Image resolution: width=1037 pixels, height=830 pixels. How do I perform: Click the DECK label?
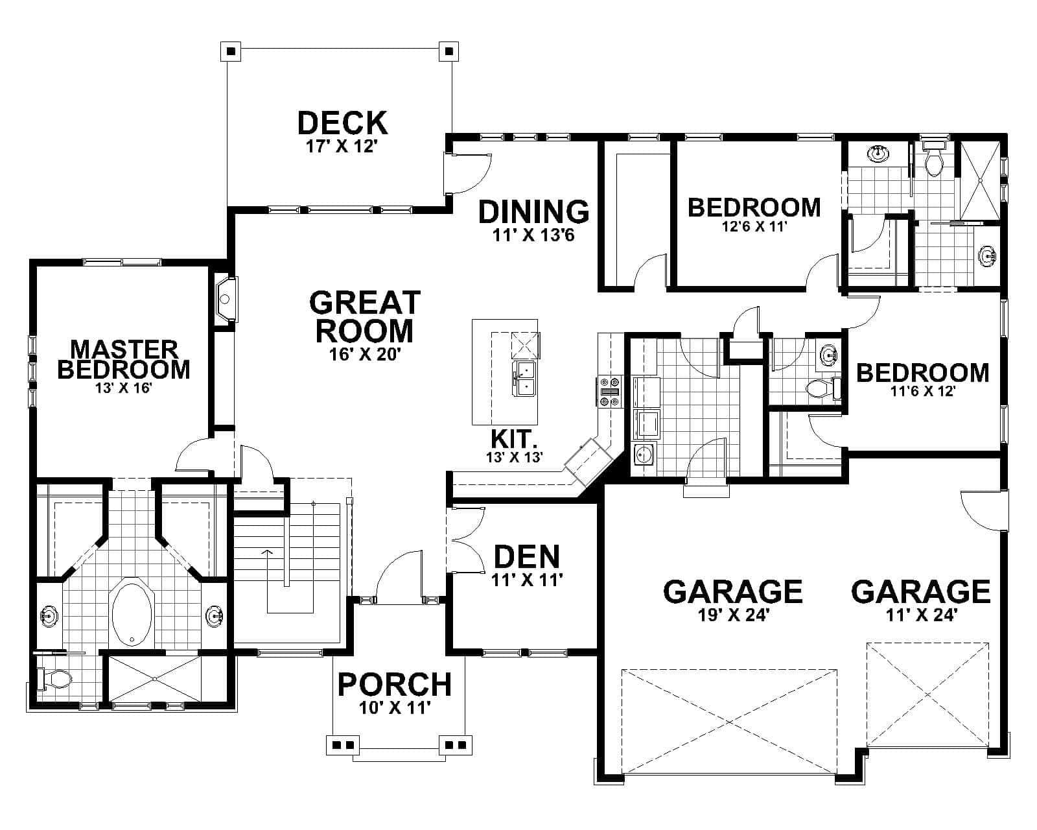click(x=342, y=123)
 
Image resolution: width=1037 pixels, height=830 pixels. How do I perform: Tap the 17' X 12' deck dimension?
click(x=342, y=146)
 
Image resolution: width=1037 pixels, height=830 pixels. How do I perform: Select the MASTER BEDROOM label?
click(x=124, y=359)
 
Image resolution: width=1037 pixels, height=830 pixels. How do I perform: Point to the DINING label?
click(x=533, y=211)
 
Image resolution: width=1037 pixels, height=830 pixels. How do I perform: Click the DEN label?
click(x=527, y=556)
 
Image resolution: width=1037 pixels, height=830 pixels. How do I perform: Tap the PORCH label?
click(x=395, y=684)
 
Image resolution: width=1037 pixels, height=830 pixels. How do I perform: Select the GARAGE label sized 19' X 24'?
click(x=733, y=591)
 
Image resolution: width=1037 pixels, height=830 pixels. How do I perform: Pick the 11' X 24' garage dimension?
click(x=921, y=614)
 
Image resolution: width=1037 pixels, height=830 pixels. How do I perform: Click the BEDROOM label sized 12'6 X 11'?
click(x=754, y=207)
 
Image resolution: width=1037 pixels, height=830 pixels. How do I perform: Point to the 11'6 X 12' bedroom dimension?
click(x=923, y=392)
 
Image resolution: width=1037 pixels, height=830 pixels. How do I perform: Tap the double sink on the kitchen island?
click(x=524, y=379)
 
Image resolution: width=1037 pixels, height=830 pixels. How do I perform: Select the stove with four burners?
click(x=610, y=392)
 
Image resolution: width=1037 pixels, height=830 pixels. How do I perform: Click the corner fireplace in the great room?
click(x=226, y=300)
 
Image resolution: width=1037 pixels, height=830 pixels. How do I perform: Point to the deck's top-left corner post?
click(x=231, y=51)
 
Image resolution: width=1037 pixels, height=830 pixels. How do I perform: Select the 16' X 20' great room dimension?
click(x=365, y=354)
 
